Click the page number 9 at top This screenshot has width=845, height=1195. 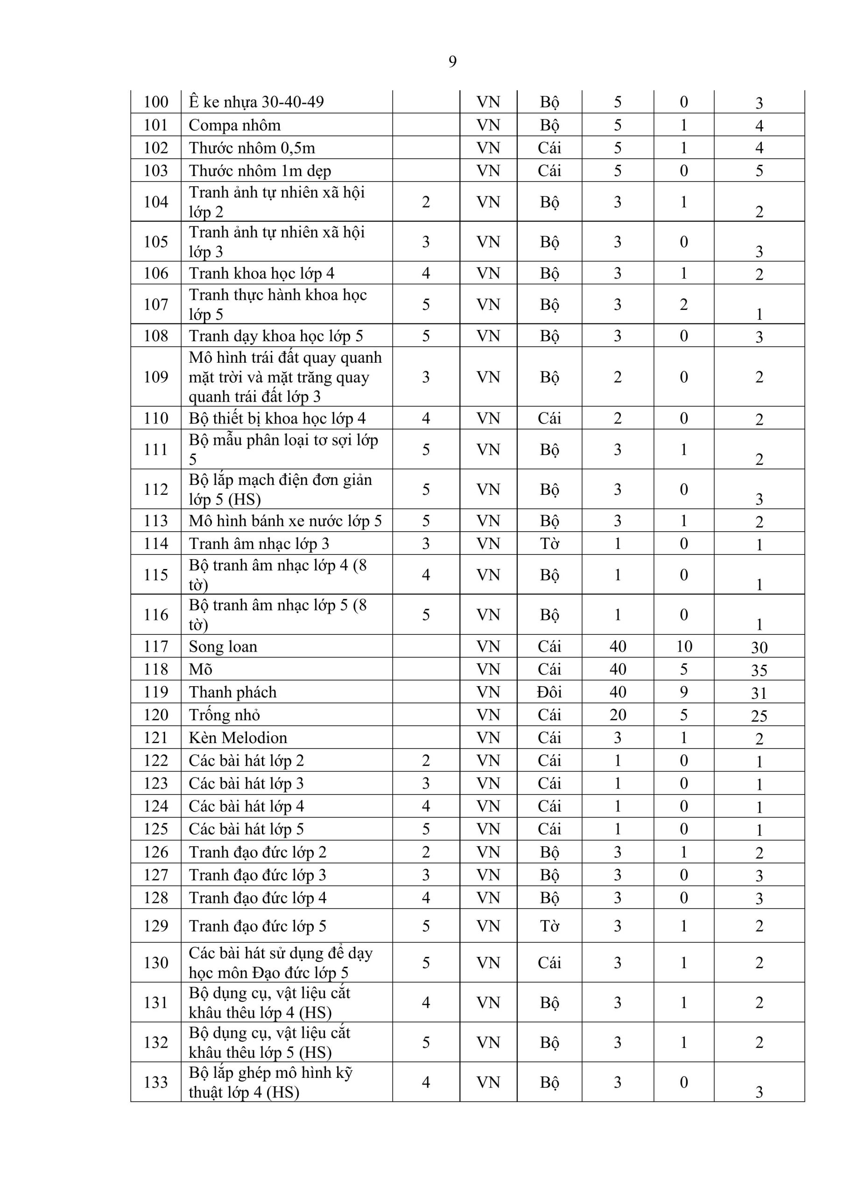click(x=452, y=62)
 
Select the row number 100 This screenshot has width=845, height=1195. click(x=155, y=102)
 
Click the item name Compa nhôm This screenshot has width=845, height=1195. click(x=234, y=125)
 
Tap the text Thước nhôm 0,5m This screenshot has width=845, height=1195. click(x=252, y=148)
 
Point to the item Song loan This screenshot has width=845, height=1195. click(x=223, y=647)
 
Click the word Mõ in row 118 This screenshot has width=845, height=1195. click(x=200, y=669)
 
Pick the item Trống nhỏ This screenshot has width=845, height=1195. click(x=224, y=715)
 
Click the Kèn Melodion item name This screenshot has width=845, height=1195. click(x=238, y=738)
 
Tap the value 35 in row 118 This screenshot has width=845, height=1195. click(x=759, y=670)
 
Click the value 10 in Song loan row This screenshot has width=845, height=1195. click(x=683, y=647)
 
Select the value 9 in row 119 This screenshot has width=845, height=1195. click(x=683, y=692)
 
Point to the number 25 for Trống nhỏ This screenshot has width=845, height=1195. click(x=759, y=716)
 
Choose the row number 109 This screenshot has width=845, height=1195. click(x=155, y=377)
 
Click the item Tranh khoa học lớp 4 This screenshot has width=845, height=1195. click(x=261, y=273)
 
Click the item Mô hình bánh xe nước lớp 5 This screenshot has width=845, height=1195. click(x=285, y=521)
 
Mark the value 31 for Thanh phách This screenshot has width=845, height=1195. click(x=759, y=693)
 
